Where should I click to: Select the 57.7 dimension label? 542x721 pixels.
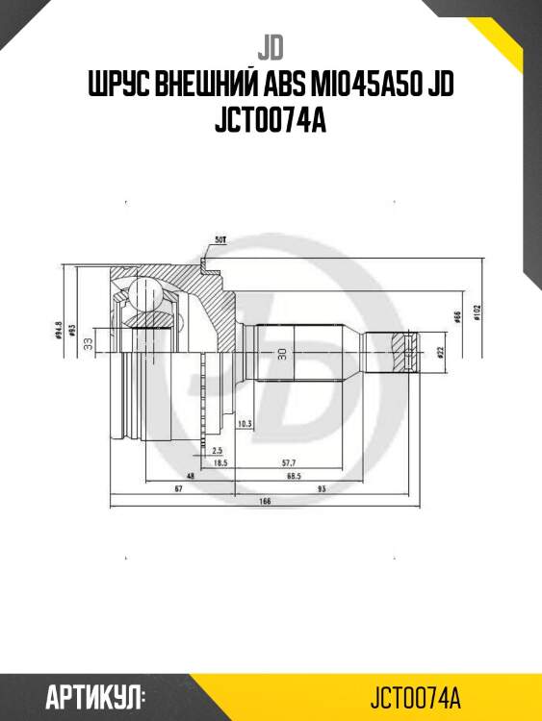click(x=288, y=462)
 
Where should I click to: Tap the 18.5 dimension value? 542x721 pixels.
click(x=219, y=462)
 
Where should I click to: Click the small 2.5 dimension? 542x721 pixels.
click(x=219, y=450)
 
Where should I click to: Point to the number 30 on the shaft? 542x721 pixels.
click(x=281, y=354)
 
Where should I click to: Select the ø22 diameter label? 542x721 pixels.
click(x=439, y=353)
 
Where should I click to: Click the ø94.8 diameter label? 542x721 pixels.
click(x=60, y=333)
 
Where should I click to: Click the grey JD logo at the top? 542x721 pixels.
click(x=271, y=45)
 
